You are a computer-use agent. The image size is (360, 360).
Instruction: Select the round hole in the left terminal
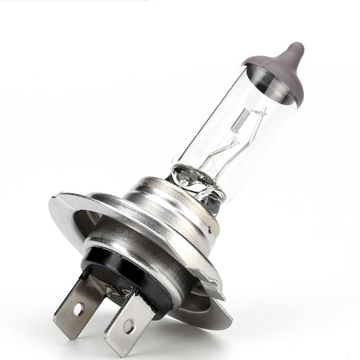(x=79, y=309)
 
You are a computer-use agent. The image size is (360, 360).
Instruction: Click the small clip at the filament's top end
(x=263, y=110)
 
